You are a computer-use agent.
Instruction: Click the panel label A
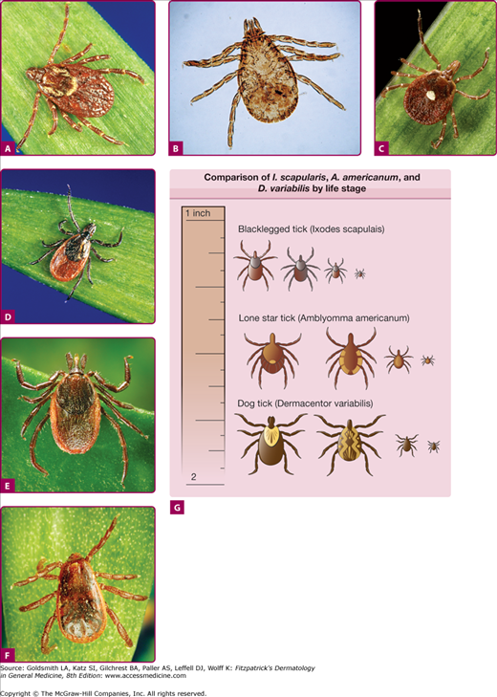coord(8,148)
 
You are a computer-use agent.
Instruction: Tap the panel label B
coord(176,148)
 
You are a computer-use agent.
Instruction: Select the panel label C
coord(381,148)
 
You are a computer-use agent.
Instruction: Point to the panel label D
coord(8,316)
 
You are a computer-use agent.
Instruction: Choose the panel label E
coord(8,486)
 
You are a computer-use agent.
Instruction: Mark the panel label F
coord(8,655)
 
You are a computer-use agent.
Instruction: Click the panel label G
coord(177,508)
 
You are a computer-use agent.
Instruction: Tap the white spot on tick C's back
coord(430,95)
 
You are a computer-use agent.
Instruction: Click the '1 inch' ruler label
coord(198,213)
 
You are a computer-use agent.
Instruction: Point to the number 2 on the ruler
coord(193,476)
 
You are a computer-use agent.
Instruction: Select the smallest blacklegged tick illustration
coord(359,273)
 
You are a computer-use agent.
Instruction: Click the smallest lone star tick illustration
coord(427,360)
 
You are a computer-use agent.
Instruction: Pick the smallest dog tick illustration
coord(433,446)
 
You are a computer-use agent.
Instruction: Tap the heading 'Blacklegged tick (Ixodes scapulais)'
coord(312,229)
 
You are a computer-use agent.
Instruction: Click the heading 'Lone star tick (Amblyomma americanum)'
coord(324,317)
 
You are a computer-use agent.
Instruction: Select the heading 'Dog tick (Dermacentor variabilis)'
coord(305,403)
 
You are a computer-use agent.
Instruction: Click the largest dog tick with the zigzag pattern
coord(350,444)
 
